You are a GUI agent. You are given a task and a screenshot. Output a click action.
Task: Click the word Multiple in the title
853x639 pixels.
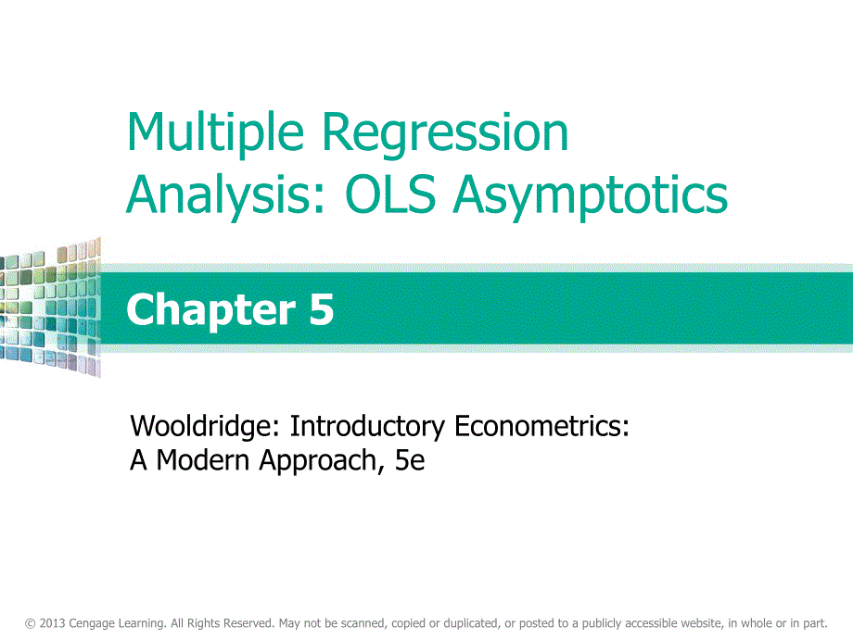tap(215, 132)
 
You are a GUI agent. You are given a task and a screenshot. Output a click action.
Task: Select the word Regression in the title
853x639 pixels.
tap(445, 133)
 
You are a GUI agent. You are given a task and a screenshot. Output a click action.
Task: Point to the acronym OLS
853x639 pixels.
tap(390, 194)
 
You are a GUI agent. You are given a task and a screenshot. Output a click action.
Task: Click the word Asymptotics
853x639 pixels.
tap(591, 196)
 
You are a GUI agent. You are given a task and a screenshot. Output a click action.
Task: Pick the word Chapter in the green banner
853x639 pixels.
tap(211, 310)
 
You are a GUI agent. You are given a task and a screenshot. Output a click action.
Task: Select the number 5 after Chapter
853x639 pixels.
tap(322, 309)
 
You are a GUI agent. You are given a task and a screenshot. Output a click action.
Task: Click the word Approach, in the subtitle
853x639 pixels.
tap(318, 461)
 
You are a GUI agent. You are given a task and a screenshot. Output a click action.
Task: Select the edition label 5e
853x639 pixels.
tap(410, 461)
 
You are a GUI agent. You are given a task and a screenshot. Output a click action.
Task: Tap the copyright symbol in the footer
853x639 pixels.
tap(30, 624)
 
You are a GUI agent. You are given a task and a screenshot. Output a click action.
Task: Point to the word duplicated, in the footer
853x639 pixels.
tap(472, 624)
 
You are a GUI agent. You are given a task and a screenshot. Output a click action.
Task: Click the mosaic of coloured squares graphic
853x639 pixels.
tap(51, 307)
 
